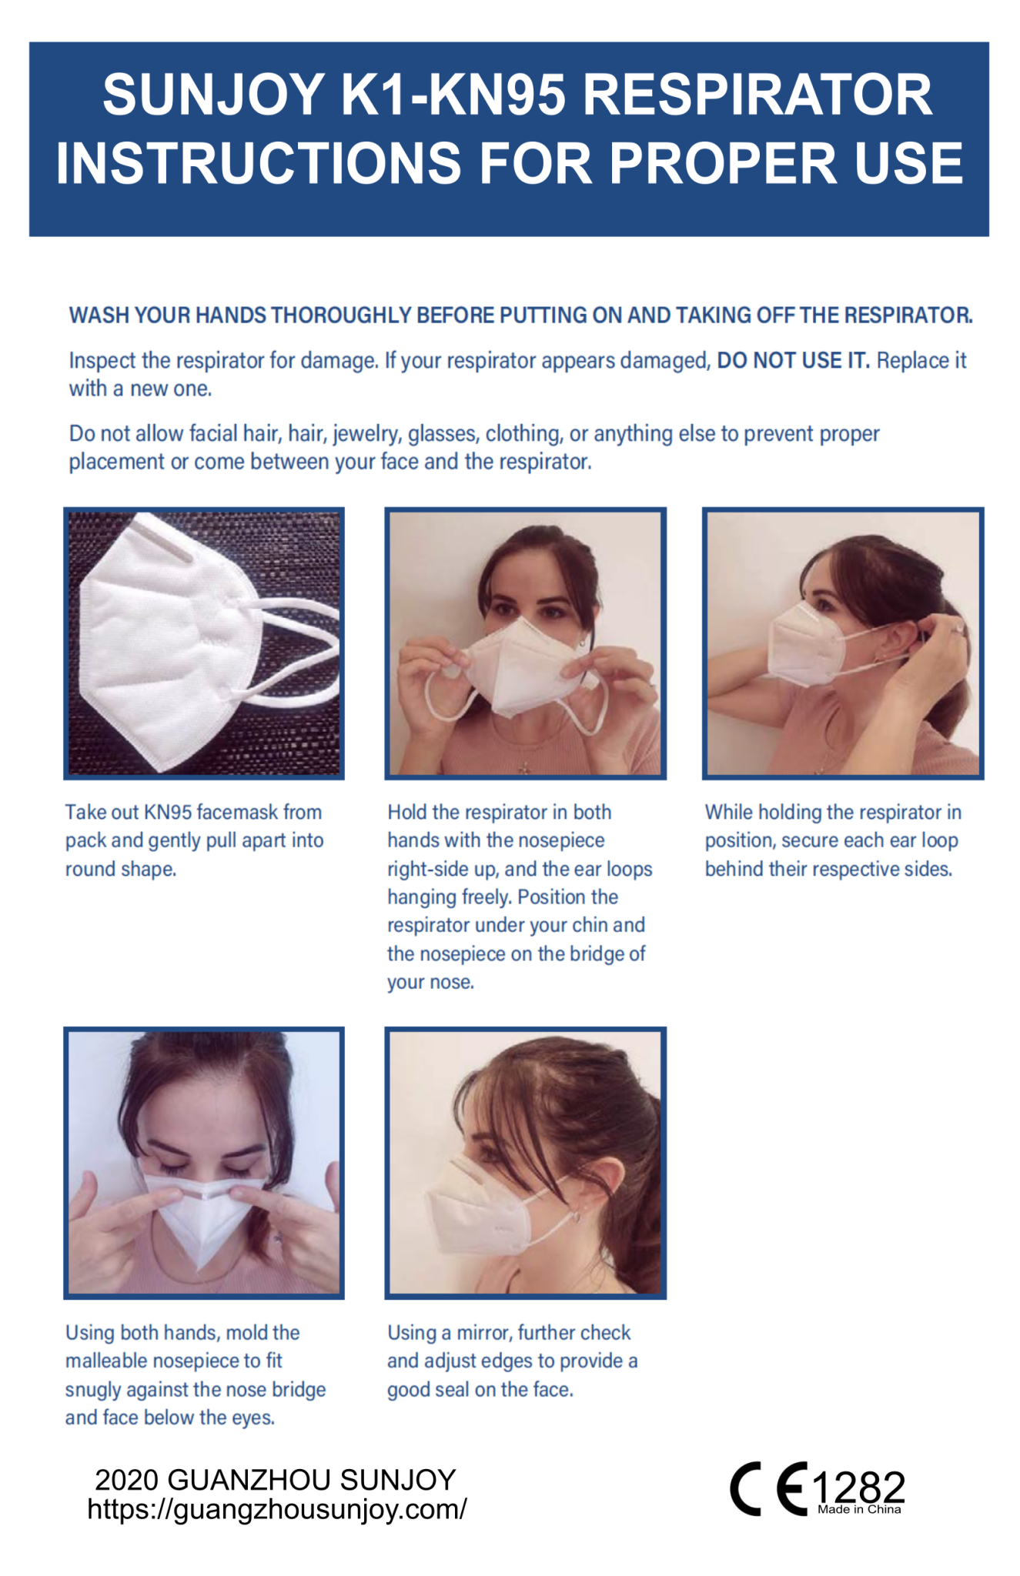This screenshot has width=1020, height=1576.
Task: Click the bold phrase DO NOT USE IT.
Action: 793,360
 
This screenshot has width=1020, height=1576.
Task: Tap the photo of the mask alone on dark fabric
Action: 204,643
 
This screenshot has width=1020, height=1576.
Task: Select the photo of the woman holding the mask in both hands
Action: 525,643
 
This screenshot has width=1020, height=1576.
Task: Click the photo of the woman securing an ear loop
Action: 843,643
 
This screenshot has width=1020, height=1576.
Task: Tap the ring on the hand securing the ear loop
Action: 958,630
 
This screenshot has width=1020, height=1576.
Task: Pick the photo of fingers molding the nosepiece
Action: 204,1163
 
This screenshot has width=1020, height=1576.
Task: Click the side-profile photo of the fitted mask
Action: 525,1163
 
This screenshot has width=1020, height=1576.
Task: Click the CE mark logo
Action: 769,1489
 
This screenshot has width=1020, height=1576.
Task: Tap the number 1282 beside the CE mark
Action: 859,1486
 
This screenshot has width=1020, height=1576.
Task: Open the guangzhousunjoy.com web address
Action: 277,1510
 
